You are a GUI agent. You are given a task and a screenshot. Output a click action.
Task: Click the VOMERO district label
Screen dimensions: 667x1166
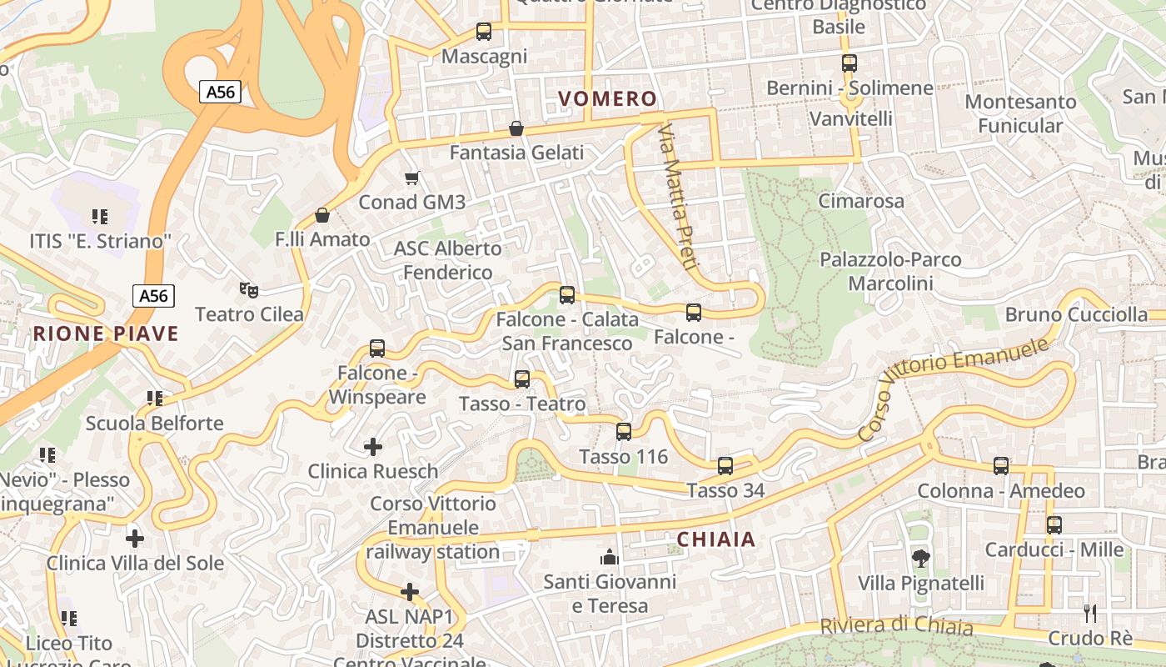click(x=608, y=99)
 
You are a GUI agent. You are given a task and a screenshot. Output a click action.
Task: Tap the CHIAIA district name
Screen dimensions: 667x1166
click(x=716, y=539)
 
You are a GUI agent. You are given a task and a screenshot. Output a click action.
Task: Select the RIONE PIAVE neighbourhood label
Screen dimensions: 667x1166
click(x=106, y=334)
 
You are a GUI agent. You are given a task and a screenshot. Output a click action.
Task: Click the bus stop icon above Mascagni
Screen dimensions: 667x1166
click(x=483, y=32)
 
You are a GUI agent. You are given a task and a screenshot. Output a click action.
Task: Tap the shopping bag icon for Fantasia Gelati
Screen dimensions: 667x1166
click(x=516, y=128)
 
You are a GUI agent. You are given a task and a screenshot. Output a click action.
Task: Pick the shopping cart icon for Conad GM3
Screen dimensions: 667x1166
click(x=411, y=178)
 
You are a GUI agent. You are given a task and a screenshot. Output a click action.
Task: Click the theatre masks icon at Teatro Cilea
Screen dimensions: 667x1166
click(x=248, y=289)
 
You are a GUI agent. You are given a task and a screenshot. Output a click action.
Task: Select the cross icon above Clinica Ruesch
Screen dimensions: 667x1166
click(x=373, y=447)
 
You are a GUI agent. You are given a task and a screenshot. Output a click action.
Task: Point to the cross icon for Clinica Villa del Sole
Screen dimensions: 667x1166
click(x=134, y=539)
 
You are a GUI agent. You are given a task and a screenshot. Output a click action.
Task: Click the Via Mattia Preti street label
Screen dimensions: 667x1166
click(x=677, y=197)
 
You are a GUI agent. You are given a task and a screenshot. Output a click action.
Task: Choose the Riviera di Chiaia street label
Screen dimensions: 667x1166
click(x=896, y=626)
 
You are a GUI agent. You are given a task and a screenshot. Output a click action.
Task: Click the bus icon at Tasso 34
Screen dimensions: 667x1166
click(x=725, y=465)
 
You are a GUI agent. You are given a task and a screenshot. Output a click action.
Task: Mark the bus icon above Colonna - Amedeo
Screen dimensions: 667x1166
click(x=1001, y=466)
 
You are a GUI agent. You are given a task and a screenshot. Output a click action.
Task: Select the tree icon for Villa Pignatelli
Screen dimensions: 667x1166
click(x=921, y=558)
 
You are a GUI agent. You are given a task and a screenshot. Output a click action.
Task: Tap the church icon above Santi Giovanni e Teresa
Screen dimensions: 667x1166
click(x=610, y=557)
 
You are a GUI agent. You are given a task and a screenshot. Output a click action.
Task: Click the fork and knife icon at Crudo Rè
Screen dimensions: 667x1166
click(x=1090, y=614)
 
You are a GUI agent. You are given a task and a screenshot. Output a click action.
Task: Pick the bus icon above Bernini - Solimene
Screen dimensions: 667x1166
click(x=850, y=63)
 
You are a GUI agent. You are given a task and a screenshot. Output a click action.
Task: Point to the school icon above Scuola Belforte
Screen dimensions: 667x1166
click(x=154, y=399)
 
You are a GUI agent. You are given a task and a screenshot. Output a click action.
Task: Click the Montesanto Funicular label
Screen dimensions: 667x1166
click(x=1020, y=114)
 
